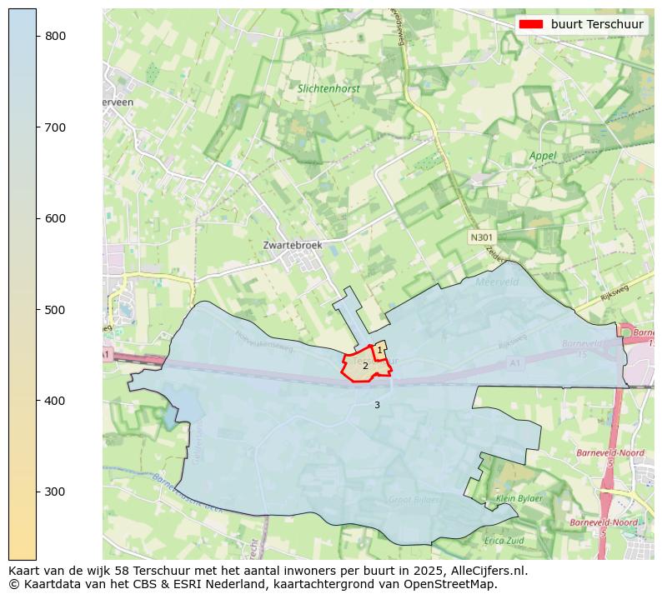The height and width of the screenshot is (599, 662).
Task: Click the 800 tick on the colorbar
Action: click(x=55, y=36)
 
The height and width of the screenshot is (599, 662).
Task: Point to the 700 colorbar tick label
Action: click(x=55, y=127)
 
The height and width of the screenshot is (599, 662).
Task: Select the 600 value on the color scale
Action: click(x=55, y=218)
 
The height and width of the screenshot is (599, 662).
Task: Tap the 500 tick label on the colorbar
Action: click(x=55, y=310)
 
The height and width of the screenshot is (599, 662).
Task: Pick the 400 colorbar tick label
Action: click(x=55, y=401)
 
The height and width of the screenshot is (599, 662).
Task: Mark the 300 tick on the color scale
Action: click(x=55, y=492)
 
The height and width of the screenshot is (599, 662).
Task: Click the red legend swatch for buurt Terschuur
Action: click(x=530, y=24)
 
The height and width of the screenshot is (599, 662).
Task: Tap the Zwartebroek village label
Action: click(x=293, y=246)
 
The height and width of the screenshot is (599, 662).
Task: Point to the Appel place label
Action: click(x=543, y=156)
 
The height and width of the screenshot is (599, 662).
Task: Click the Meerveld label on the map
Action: click(x=497, y=282)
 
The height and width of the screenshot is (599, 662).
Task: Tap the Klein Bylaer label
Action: click(x=519, y=498)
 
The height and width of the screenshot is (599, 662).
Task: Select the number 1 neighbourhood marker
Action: click(x=379, y=351)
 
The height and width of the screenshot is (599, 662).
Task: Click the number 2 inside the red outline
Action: click(x=365, y=366)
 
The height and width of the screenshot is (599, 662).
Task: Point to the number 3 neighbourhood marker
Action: click(x=377, y=405)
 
